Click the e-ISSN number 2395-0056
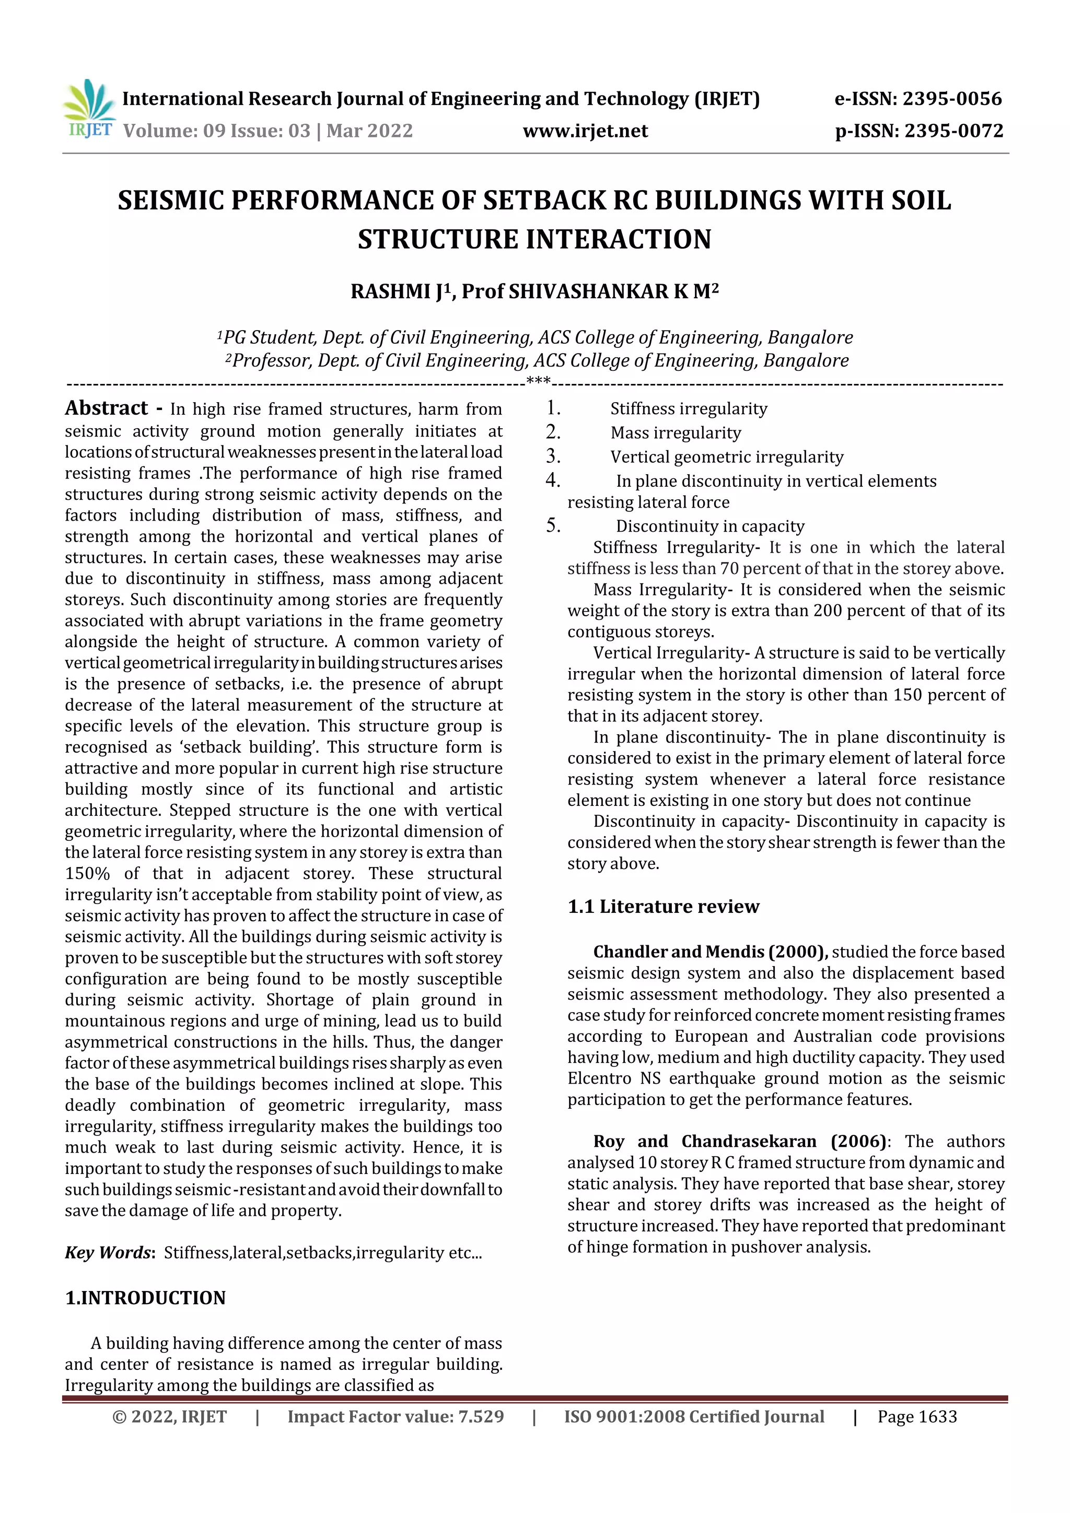pos(951,99)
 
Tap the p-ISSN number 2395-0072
pos(953,131)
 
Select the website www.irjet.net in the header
pos(585,131)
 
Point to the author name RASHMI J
pos(396,291)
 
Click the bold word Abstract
pos(106,408)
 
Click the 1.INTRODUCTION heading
pos(145,1297)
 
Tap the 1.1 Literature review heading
pos(663,907)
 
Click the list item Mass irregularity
pos(675,433)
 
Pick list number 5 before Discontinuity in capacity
pos(553,526)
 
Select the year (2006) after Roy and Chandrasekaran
pos(858,1141)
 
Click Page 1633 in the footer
pos(916,1417)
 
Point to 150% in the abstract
pos(87,874)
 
